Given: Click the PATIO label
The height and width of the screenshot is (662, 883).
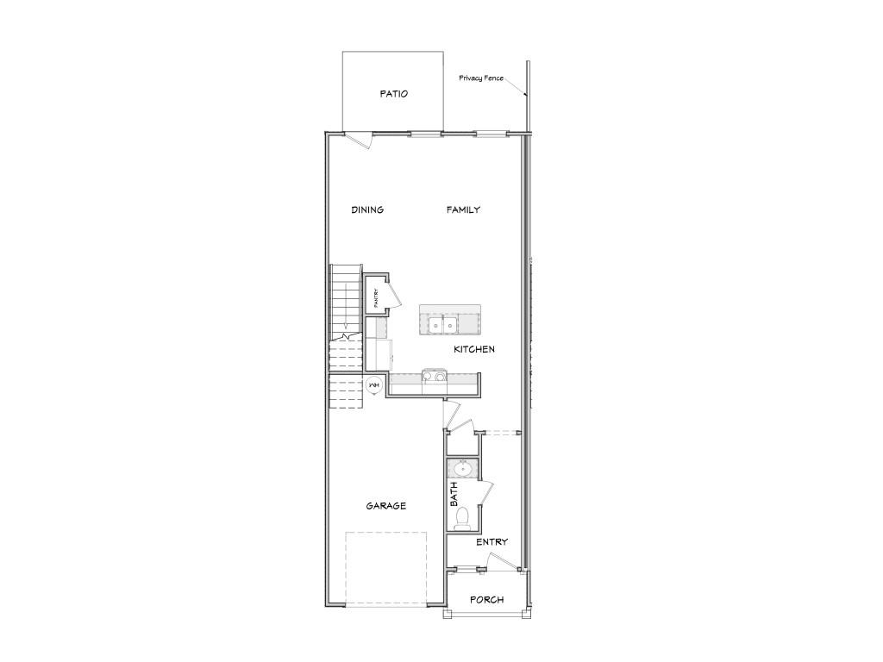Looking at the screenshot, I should [393, 94].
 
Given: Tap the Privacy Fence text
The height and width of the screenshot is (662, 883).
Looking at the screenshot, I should [481, 78].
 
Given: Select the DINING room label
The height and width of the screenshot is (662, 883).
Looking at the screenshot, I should [367, 209].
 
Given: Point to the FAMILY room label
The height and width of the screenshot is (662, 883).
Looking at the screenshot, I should [463, 209].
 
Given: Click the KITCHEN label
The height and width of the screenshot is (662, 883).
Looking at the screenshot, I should [474, 349].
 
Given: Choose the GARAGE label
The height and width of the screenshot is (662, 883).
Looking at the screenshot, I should [385, 506].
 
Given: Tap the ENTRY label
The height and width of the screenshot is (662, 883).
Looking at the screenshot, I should [492, 542].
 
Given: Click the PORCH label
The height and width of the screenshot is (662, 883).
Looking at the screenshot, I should [486, 600].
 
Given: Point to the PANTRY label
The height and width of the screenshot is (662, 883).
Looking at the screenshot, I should [376, 298].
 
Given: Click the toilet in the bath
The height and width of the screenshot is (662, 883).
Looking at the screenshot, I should [462, 516].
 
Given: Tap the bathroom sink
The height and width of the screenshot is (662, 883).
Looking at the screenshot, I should [462, 470].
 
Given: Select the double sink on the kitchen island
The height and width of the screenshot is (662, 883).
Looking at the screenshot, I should [443, 326].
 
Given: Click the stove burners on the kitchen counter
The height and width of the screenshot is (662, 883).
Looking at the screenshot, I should [433, 377].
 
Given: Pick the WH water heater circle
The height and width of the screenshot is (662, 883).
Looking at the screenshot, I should [374, 385].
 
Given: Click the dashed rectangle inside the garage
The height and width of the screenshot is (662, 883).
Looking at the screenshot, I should [386, 568].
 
